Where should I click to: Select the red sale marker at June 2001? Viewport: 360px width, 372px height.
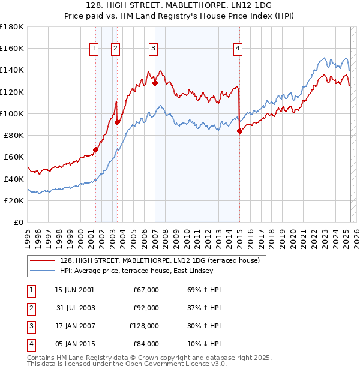click(x=95, y=150)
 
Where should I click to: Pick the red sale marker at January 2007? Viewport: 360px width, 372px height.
click(x=155, y=83)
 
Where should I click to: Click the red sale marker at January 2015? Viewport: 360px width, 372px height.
click(x=239, y=131)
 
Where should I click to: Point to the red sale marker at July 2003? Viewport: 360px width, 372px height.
click(x=118, y=122)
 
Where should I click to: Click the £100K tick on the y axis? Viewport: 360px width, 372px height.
click(x=12, y=113)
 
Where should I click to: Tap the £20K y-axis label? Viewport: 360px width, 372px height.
click(x=14, y=200)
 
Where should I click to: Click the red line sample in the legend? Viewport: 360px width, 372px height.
click(x=41, y=260)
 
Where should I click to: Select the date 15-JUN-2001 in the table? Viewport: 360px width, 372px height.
click(x=74, y=290)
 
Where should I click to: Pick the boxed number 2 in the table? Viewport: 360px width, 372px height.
click(x=30, y=307)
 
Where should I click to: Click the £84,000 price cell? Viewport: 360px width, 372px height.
click(x=145, y=344)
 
